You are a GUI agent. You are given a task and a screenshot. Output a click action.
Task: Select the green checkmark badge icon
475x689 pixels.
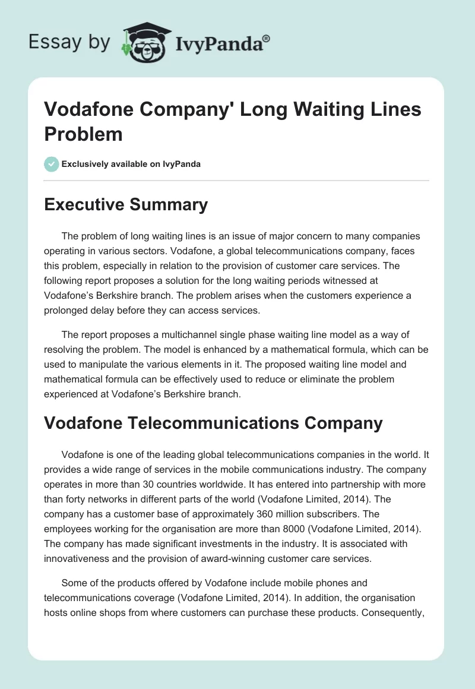(52, 164)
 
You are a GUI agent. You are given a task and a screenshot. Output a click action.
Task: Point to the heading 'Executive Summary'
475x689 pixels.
(126, 205)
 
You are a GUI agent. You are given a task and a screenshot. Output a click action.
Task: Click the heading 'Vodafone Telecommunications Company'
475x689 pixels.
(214, 423)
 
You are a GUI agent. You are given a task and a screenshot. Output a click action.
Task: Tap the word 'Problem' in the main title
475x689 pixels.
(83, 134)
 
